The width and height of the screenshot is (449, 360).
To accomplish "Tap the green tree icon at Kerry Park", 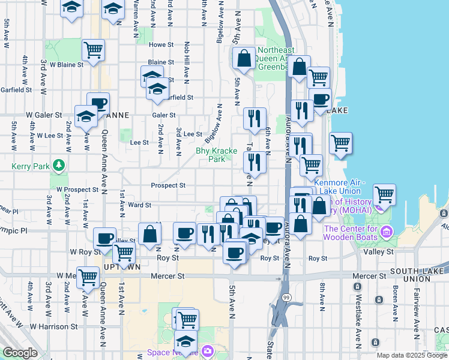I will point(58,164).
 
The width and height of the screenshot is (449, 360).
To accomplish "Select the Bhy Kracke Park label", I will point(217,155).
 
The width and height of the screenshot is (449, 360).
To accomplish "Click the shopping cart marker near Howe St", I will point(93,50).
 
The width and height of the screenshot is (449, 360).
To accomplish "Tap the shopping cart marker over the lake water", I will point(384,194).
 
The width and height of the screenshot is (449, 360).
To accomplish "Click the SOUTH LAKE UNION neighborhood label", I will point(417,271).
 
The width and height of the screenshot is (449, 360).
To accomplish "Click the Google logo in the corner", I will point(20,353).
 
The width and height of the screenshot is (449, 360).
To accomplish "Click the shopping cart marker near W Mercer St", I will point(88,277).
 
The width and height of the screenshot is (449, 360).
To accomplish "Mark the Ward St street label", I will point(139,205).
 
